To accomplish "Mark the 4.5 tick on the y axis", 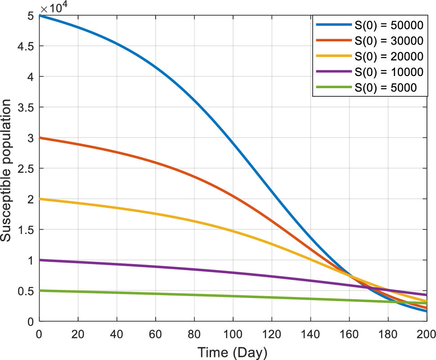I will coord(26,46).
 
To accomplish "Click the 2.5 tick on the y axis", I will coord(26,168).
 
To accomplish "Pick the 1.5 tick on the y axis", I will coord(26,229).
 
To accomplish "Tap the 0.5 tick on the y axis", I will coord(26,291).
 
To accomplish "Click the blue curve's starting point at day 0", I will coord(40,15).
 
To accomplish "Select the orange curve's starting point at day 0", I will coord(40,138).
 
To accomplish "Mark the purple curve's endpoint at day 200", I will coord(426,295).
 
